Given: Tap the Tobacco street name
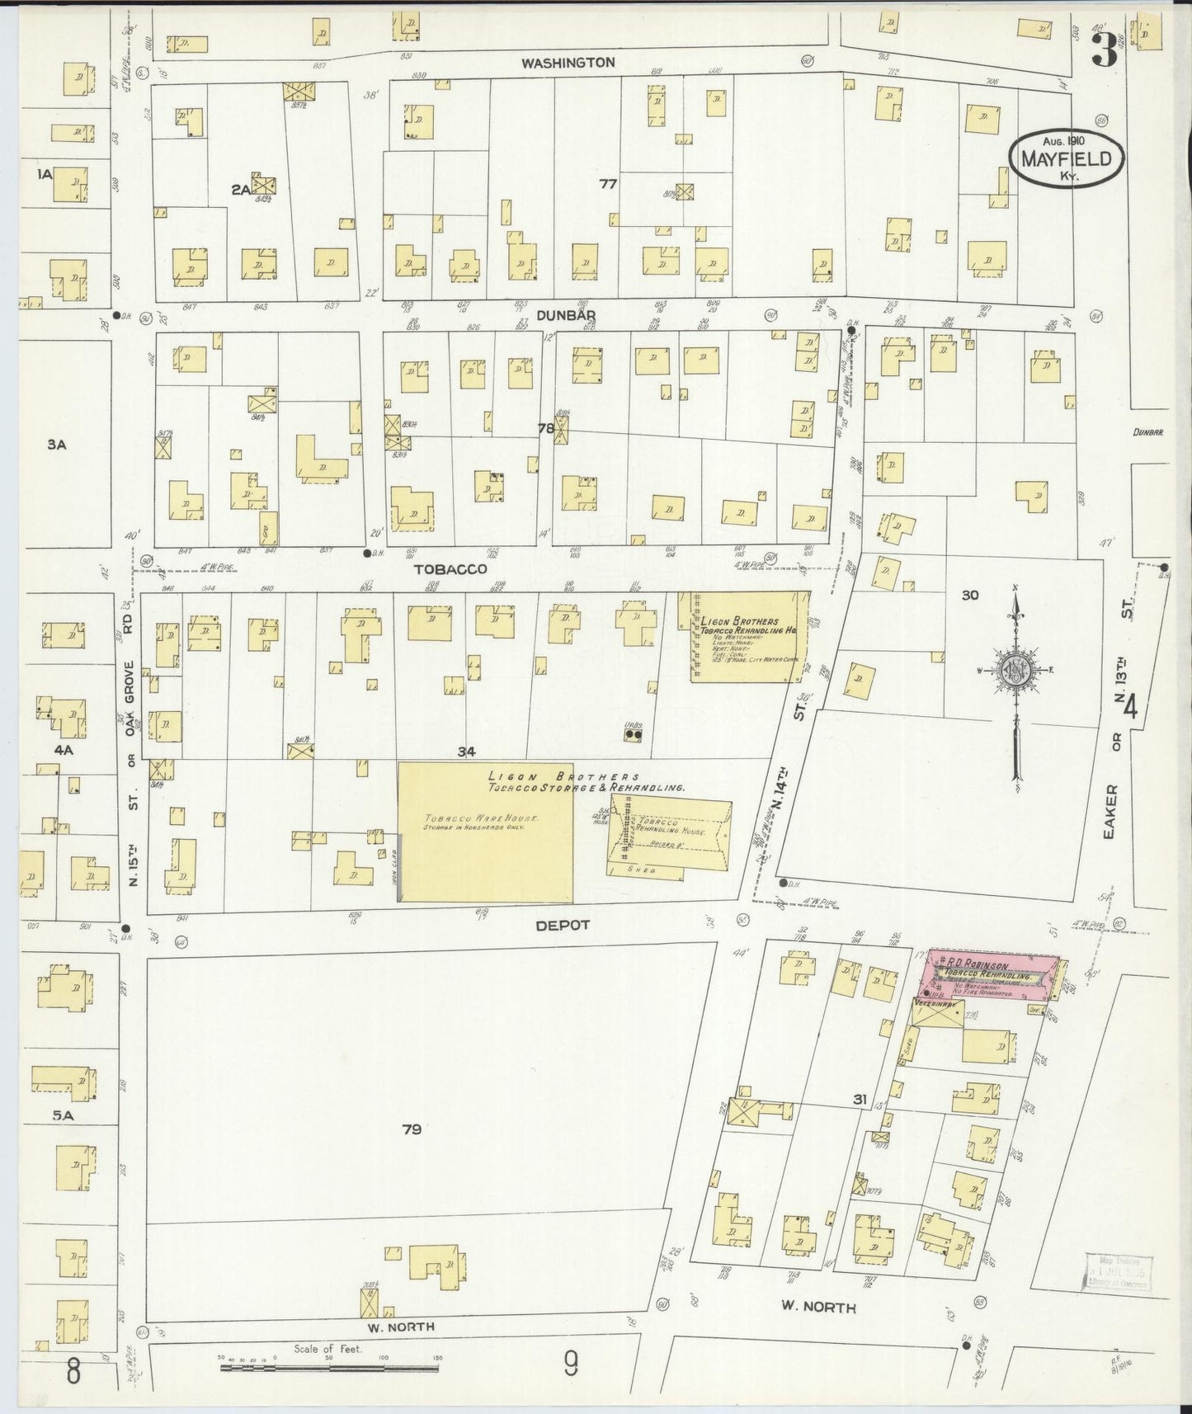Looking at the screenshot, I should [450, 568].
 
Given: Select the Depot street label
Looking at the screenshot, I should [563, 925].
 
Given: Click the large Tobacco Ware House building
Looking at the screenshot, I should [486, 831].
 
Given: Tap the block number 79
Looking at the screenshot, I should [412, 1129].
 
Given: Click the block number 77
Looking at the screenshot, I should [608, 184].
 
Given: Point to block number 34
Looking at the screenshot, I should [468, 752].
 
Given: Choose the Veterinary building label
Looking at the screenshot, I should [935, 1005].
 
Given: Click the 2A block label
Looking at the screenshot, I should [240, 190].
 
